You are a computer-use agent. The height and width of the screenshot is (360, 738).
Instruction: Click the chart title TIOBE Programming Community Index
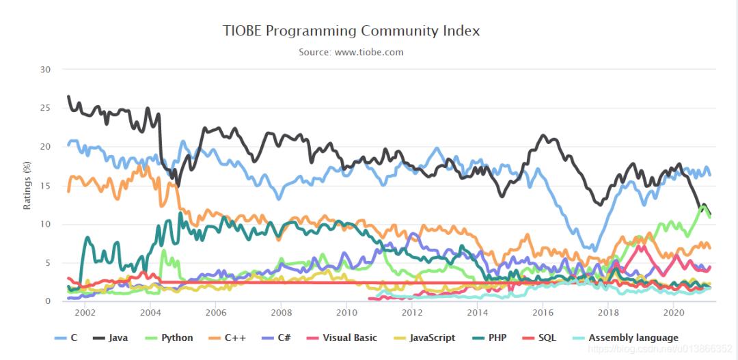pyautogui.click(x=351, y=31)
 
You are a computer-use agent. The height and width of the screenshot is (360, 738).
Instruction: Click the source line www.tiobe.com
pyautogui.click(x=351, y=52)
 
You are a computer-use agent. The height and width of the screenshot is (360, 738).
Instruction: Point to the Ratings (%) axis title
pyautogui.click(x=27, y=184)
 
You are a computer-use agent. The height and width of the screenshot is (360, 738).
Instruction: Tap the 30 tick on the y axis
pyautogui.click(x=46, y=70)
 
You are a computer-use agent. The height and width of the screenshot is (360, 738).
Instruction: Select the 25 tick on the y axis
pyautogui.click(x=46, y=108)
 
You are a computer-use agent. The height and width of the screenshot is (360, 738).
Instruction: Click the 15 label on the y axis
pyautogui.click(x=46, y=186)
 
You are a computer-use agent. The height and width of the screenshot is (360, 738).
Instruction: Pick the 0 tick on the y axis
pyautogui.click(x=48, y=301)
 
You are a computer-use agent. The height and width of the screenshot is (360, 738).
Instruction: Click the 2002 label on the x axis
pyautogui.click(x=85, y=313)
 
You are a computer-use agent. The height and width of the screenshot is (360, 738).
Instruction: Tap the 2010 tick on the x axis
pyautogui.click(x=346, y=313)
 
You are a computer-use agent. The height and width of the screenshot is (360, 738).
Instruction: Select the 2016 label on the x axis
pyautogui.click(x=543, y=313)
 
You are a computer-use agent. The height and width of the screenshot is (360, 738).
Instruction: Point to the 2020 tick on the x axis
pyautogui.click(x=674, y=313)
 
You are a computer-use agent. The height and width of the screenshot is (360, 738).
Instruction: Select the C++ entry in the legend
pyautogui.click(x=232, y=337)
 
